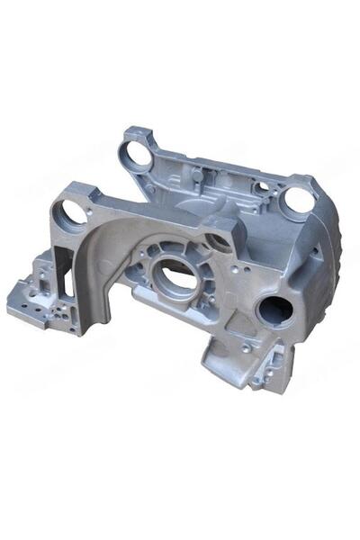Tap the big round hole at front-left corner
[x=69, y=214]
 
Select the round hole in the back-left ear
[x=138, y=156]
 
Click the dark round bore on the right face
[x=274, y=311]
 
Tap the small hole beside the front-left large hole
[x=90, y=213]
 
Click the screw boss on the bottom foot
[x=246, y=347]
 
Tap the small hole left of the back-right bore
[x=262, y=188]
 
